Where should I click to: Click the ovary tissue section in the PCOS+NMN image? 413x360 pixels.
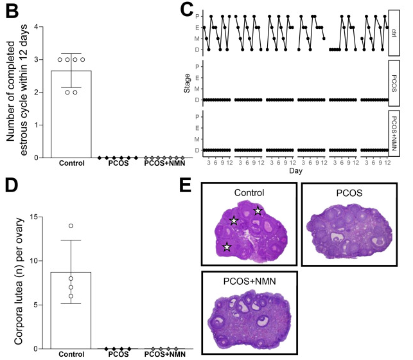249,316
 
